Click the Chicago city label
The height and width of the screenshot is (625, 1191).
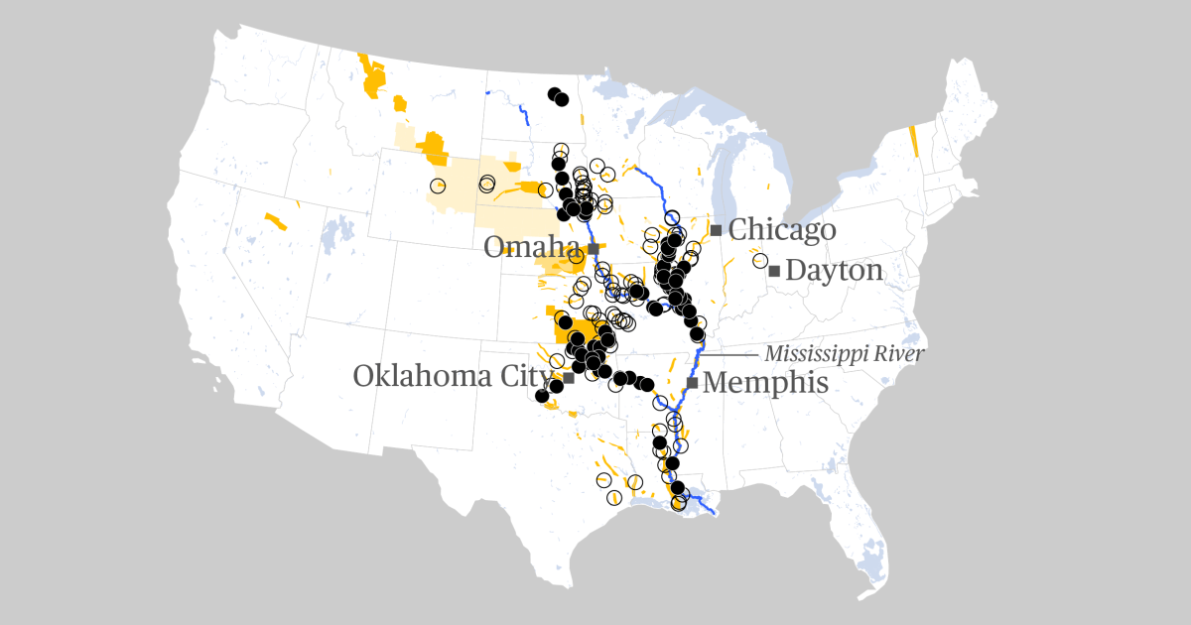pos(782,230)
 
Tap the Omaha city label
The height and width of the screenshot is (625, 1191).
pos(531,248)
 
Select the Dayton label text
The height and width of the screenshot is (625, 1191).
pos(834,271)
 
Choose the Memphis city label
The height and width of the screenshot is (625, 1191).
pos(765,383)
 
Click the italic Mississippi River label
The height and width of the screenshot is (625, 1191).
pos(844,354)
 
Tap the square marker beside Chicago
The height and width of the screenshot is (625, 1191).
pos(716,230)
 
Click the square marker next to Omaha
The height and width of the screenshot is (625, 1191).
pos(593,248)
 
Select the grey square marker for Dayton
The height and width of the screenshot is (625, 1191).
pos(774,271)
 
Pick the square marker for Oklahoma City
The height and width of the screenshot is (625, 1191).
pos(569,378)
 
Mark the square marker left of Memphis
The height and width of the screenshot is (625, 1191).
pos(692,383)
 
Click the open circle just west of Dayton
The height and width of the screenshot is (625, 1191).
pos(760,261)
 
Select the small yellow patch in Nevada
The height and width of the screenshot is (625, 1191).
pos(275,220)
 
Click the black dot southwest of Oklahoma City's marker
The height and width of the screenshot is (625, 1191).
pos(542,396)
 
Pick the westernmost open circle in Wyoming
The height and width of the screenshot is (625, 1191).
pos(438,186)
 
